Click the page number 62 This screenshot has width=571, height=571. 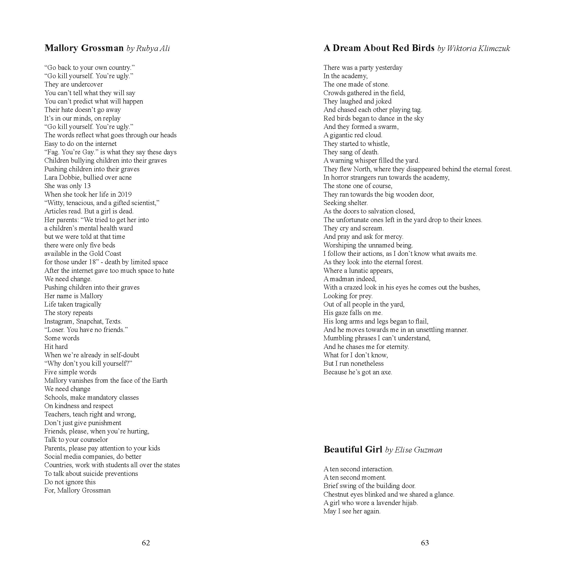(146, 543)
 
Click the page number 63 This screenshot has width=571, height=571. (425, 543)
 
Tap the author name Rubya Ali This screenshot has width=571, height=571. (153, 48)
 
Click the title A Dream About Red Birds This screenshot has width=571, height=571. (379, 48)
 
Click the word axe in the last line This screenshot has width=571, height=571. (386, 372)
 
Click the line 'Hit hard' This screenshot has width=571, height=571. (56, 347)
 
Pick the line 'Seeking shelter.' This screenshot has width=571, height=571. (345, 203)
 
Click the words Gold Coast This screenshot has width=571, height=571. (108, 254)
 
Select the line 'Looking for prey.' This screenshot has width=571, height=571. (348, 296)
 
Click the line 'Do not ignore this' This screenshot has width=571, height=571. (70, 482)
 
